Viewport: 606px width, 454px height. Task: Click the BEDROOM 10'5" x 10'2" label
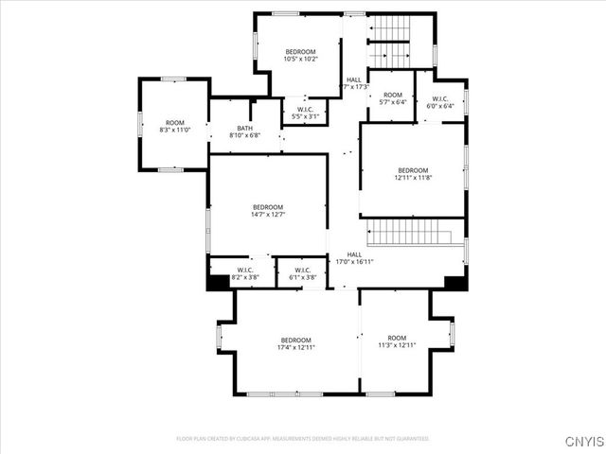tap(300, 55)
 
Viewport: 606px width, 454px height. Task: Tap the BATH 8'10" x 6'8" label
tap(244, 131)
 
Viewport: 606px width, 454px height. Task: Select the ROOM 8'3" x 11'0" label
tap(175, 126)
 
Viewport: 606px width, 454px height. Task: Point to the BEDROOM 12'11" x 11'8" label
tap(412, 174)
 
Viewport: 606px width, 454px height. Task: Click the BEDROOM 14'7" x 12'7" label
tap(268, 211)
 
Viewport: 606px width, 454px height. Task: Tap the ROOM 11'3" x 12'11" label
tap(397, 341)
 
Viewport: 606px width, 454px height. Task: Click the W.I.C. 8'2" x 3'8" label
tap(243, 274)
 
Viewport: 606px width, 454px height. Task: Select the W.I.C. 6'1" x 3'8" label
tap(303, 274)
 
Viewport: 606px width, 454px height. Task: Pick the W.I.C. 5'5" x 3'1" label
tap(306, 113)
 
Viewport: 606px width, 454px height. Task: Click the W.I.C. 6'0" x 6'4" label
tap(439, 102)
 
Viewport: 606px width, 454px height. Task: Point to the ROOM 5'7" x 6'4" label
tap(393, 98)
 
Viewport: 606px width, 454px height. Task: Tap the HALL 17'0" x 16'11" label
tap(354, 258)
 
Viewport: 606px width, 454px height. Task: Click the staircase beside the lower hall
tap(411, 232)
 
